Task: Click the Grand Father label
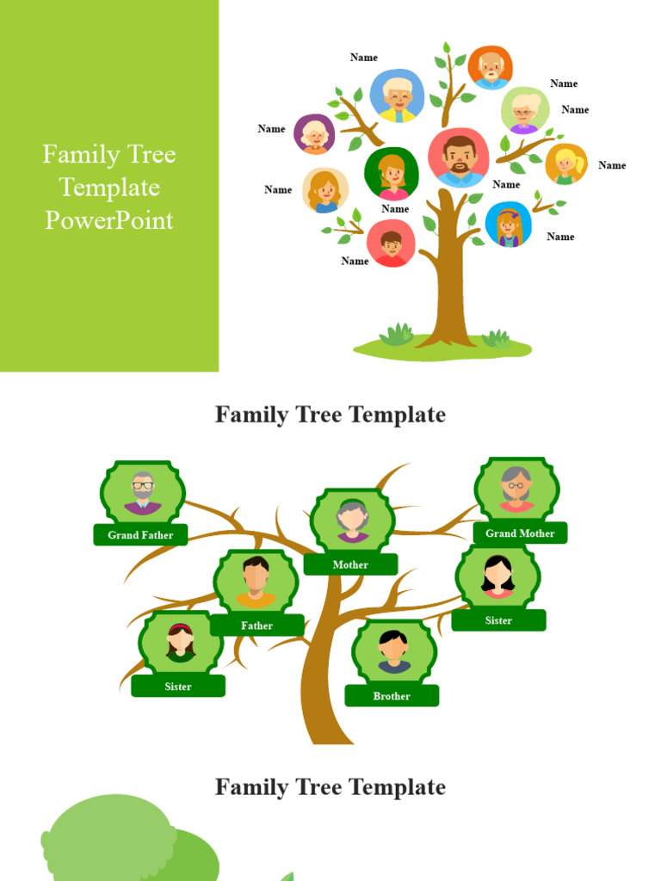tap(140, 535)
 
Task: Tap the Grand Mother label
tap(520, 533)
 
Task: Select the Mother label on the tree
tap(350, 565)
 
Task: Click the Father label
tap(256, 625)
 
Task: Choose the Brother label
tap(392, 696)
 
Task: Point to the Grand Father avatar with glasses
tap(143, 493)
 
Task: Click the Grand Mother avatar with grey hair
tap(516, 490)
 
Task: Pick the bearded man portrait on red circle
tap(459, 158)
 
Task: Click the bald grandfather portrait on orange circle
tap(491, 67)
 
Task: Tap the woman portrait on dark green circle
tap(392, 173)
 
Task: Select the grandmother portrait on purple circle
tap(315, 134)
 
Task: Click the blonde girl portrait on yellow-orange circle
tap(565, 163)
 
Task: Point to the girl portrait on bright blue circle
tap(508, 225)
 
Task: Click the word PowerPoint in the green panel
tap(109, 220)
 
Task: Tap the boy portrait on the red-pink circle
tap(391, 243)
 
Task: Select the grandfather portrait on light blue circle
tap(397, 95)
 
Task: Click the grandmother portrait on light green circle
tap(524, 110)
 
